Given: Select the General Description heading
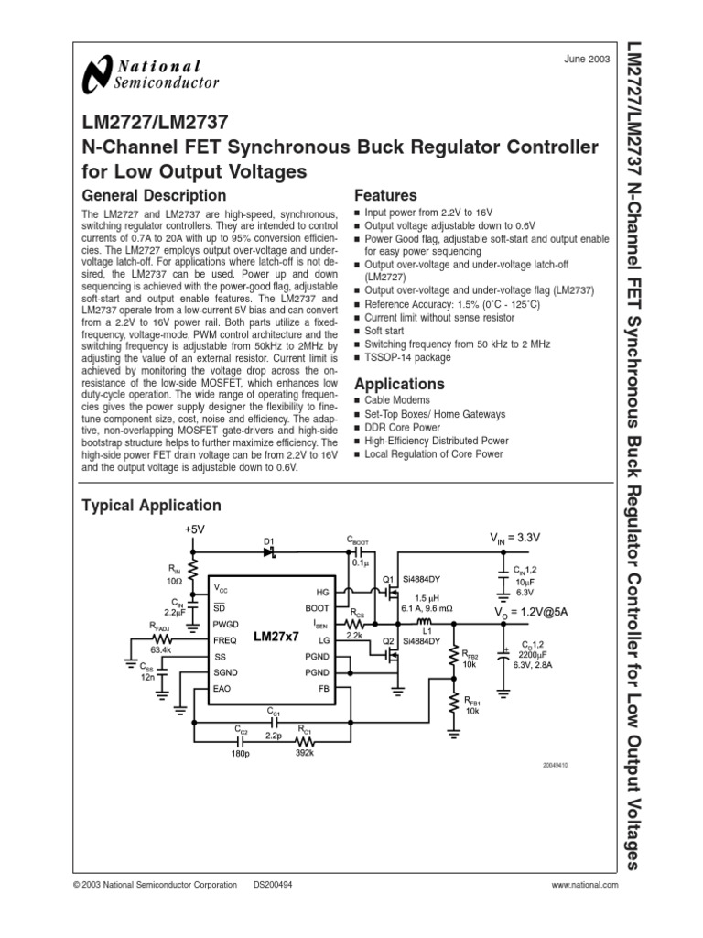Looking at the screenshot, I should coord(154,195).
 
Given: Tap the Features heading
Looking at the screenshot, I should coord(385,196).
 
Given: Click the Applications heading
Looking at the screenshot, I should coord(399,384).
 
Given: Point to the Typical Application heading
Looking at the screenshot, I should coord(151,505).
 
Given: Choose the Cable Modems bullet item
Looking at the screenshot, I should coord(396,401).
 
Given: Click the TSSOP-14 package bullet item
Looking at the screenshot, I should coord(407,358).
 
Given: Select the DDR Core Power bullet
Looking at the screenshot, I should coord(402,427).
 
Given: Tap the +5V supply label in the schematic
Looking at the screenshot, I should coord(196,530).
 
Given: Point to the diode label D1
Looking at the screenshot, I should coord(269,542).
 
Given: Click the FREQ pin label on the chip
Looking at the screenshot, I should coord(225,640).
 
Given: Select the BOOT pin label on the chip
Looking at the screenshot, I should coord(316,607).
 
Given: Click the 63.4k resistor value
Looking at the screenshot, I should coord(162,649).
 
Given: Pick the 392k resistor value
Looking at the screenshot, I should coord(305,753).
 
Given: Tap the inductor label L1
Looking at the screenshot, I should coord(426,632).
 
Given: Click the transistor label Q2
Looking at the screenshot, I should coord(388,642).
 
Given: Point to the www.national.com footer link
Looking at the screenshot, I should coord(585,886).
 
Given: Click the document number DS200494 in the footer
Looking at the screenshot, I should coord(273,886).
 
